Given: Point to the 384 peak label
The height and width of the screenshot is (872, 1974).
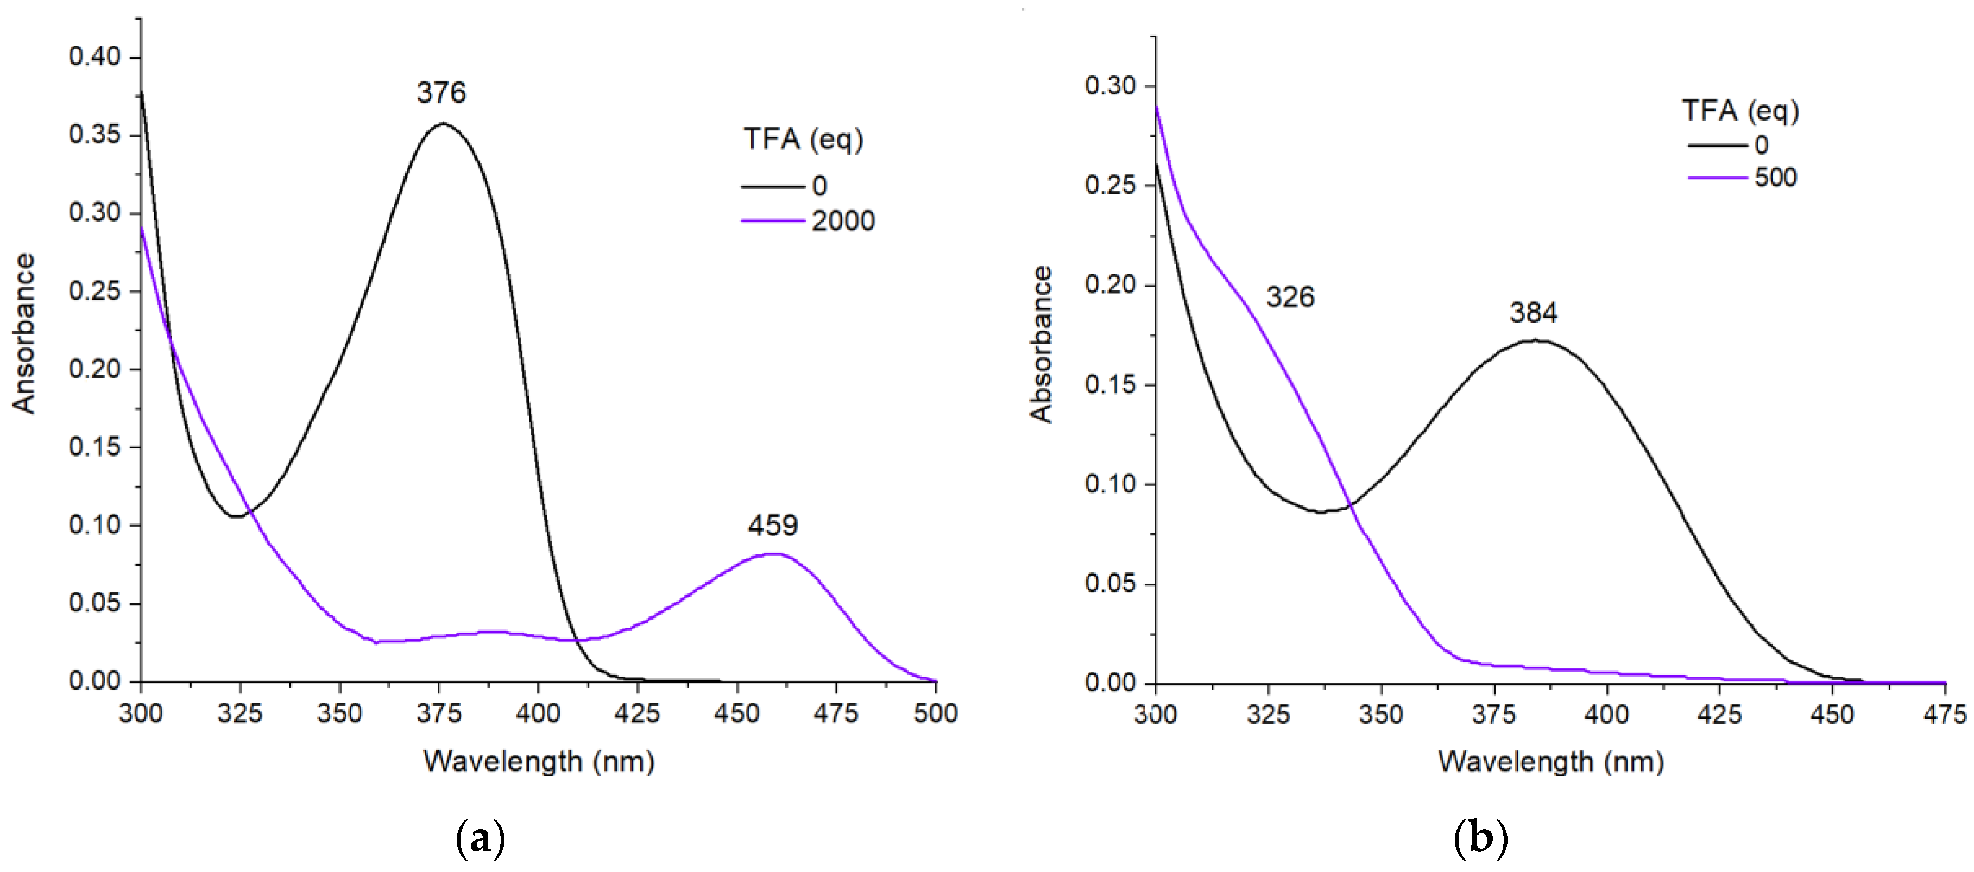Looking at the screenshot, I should [x=1534, y=313].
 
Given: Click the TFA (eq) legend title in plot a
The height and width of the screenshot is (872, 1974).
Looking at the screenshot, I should [x=803, y=140].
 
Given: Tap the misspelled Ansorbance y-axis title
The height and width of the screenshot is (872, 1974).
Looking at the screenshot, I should [x=24, y=333].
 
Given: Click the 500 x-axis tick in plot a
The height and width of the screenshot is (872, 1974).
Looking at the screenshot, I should [x=935, y=714].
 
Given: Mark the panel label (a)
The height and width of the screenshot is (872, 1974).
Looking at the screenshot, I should [x=481, y=839].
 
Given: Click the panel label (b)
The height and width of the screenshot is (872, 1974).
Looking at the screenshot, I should [x=1480, y=839].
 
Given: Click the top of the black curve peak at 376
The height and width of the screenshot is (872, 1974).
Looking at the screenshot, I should [x=442, y=123].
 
